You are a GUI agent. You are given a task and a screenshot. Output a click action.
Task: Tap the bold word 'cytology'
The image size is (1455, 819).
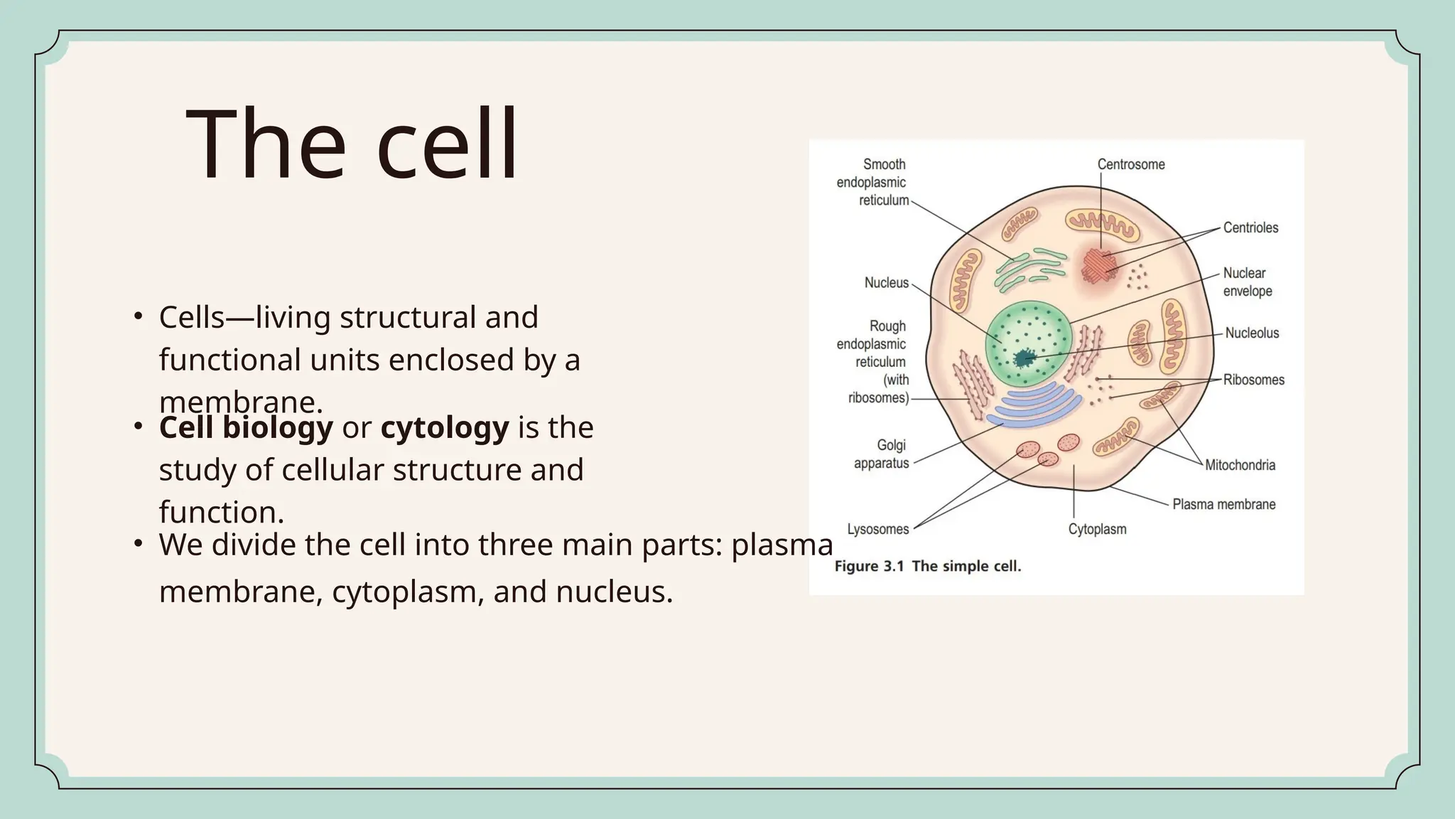coord(445,428)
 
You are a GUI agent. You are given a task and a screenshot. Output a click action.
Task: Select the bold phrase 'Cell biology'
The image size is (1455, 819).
coord(246,428)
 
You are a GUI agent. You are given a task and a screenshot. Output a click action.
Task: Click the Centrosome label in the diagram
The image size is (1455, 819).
coord(1131,164)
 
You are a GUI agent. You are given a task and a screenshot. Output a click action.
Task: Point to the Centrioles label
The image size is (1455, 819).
coord(1250,227)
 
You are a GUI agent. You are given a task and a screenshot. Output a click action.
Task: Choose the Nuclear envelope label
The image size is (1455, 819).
coord(1247,282)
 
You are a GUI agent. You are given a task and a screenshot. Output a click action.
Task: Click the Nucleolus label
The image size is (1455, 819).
coord(1252,333)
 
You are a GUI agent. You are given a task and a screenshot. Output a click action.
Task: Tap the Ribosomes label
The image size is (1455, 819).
coord(1253,380)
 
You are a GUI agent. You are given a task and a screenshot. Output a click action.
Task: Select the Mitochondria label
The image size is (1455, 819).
coord(1240,465)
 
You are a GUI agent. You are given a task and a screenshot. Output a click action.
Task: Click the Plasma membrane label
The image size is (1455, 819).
coord(1223,504)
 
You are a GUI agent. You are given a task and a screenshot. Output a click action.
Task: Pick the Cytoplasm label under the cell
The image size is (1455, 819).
coord(1097,529)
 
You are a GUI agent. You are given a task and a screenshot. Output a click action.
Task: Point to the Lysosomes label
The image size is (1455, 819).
coord(878,529)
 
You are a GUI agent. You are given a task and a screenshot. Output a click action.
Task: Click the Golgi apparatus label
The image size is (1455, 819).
coord(882,454)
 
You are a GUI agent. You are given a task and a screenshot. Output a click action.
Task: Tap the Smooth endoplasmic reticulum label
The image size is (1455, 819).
coord(872,182)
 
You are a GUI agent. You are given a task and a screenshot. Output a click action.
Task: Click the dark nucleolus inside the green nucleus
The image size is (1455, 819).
coord(1024,358)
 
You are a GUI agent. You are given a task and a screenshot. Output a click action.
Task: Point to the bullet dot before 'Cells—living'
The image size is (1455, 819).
coord(139,315)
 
